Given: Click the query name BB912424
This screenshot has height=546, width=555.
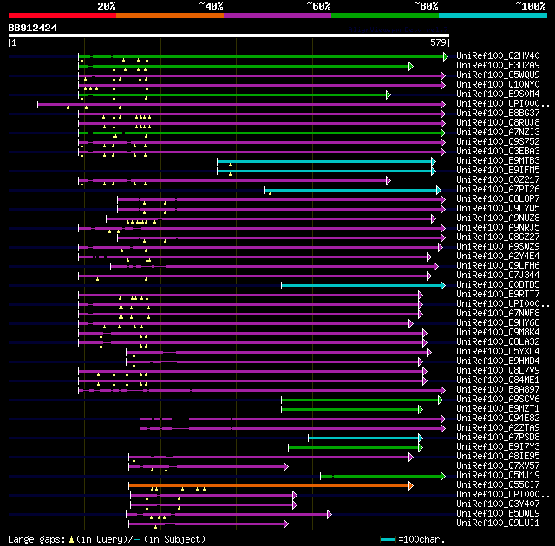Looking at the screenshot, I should click(x=33, y=28).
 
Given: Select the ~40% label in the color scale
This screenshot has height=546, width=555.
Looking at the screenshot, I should click(x=211, y=6).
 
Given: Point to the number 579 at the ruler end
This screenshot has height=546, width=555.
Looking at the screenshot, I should click(x=438, y=42).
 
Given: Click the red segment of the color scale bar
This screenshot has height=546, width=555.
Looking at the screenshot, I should click(x=61, y=16).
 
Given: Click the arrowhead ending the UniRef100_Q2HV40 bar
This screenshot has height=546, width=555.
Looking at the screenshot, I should click(x=446, y=56).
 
